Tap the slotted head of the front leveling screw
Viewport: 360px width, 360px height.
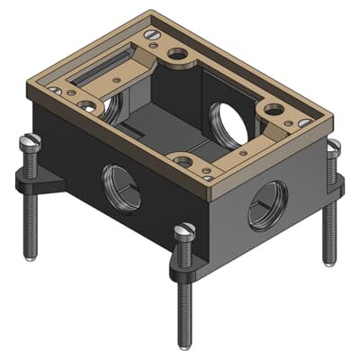pyautogui.click(x=186, y=231)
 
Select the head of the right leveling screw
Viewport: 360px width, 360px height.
pyautogui.click(x=335, y=147)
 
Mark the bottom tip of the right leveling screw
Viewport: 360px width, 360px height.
pyautogui.click(x=329, y=262)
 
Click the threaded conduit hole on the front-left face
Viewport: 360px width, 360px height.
pyautogui.click(x=121, y=187)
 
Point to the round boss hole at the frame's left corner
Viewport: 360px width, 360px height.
pyautogui.click(x=87, y=106)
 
